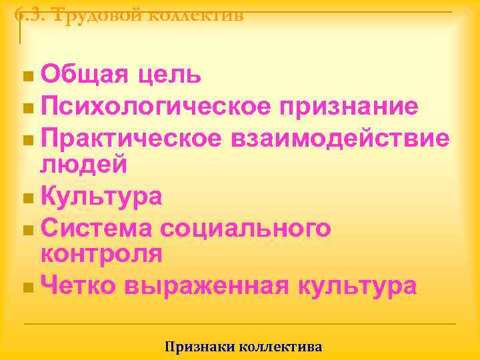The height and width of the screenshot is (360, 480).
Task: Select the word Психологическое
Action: click(x=155, y=106)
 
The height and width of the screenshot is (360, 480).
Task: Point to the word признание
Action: click(x=349, y=106)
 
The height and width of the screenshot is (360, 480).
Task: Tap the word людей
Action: click(x=83, y=163)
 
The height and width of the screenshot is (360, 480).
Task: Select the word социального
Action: click(x=245, y=227)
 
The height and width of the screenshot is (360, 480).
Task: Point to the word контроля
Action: click(x=101, y=253)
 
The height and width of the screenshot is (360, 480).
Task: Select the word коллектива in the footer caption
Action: click(x=280, y=347)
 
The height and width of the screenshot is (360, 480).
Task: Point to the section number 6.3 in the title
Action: click(x=28, y=14)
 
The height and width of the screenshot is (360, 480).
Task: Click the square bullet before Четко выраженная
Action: click(x=26, y=287)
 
